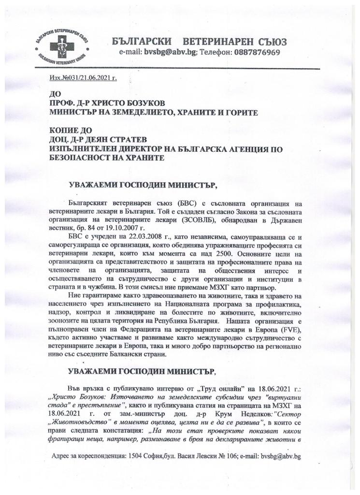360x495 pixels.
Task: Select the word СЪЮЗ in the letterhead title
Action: [272, 41]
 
